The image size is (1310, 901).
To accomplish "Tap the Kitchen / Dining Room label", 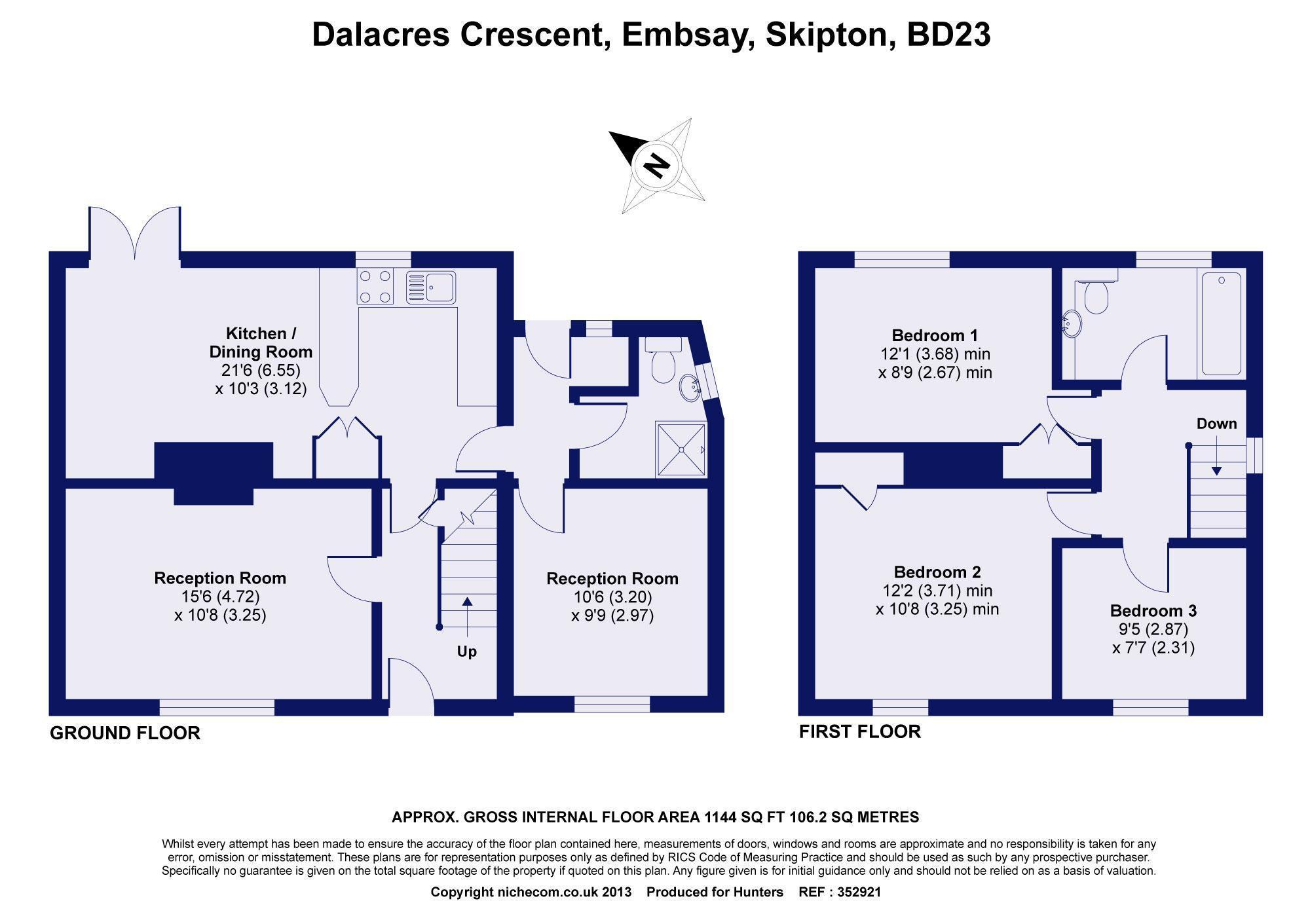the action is click(x=261, y=342).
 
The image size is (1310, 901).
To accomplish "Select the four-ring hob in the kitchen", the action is click(x=375, y=287).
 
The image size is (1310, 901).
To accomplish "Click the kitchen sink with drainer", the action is click(x=430, y=287).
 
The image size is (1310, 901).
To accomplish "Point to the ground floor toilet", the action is click(x=664, y=360).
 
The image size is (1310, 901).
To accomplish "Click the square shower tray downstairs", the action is click(x=682, y=449).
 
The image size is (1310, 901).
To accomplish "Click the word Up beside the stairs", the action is click(x=467, y=652).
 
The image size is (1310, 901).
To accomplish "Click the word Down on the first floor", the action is click(x=1216, y=424).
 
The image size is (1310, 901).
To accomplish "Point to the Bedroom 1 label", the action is click(x=935, y=336).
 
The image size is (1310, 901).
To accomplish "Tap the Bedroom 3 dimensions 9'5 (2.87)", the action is click(x=1153, y=629).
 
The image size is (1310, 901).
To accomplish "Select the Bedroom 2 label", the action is click(x=937, y=572).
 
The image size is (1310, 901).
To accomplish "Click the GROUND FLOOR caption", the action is click(x=125, y=733).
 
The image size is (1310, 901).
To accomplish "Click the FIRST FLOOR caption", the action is click(x=860, y=731).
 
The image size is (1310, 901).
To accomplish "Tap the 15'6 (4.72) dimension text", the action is click(x=220, y=597).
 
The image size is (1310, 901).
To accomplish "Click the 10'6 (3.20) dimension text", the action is click(x=612, y=597).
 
